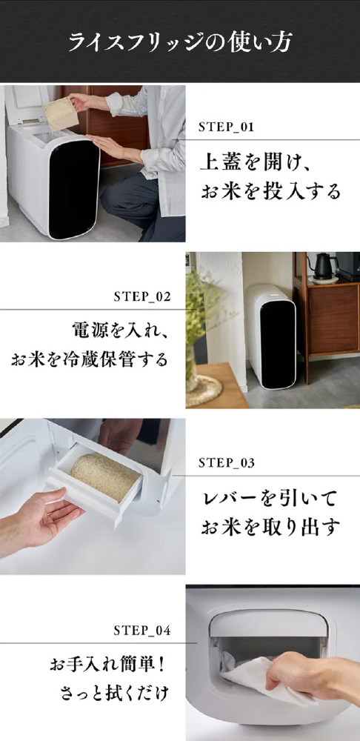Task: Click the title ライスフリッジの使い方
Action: point(180,42)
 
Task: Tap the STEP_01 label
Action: point(226,127)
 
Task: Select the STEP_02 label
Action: point(142,297)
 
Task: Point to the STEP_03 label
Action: point(227,463)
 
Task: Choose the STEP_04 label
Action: point(142,631)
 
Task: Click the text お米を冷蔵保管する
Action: point(90,359)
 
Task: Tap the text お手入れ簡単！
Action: point(109,665)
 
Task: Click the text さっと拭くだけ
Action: point(114,694)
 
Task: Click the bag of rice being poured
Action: point(60,114)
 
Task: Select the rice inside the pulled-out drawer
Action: point(105,476)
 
